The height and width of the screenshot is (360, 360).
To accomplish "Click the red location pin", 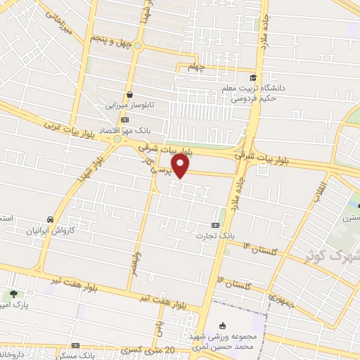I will pos(181,166).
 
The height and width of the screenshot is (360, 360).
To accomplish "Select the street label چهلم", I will pos(198,67).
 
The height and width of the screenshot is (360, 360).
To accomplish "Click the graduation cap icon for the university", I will pos(252,77).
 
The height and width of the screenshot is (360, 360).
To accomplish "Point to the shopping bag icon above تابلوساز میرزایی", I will pos(129,94).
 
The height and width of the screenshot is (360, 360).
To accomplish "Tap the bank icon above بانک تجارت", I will pos(214,225).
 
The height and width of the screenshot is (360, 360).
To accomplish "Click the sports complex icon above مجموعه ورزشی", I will pos(223,325).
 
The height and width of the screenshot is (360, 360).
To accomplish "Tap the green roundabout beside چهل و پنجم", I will pos(139,47).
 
